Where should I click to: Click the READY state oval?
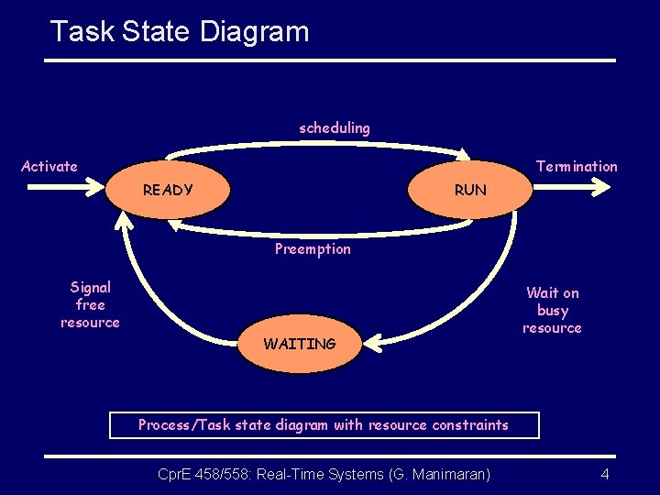[x=168, y=191]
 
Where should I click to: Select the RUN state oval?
[x=470, y=191]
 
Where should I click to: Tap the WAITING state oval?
[x=300, y=344]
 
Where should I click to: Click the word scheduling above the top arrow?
[x=335, y=128]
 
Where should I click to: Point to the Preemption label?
[x=313, y=249]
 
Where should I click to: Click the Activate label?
[x=49, y=166]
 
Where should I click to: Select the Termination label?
[x=577, y=166]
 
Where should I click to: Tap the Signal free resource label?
[x=90, y=304]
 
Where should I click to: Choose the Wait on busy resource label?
[x=552, y=310]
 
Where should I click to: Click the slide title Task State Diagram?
[x=180, y=31]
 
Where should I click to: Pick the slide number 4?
[x=605, y=474]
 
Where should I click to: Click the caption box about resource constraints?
[x=323, y=425]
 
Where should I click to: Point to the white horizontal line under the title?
[x=330, y=60]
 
